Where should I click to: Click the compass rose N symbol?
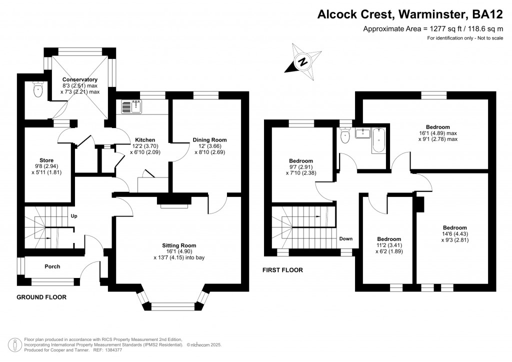(x=302, y=62)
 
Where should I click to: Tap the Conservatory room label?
(x=80, y=79)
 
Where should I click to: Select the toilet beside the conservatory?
(x=37, y=89)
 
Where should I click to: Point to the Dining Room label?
(x=210, y=140)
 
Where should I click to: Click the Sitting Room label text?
(x=179, y=245)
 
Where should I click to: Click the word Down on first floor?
(x=346, y=239)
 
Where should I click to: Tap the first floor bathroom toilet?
(x=344, y=134)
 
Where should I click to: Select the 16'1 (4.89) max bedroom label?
(x=437, y=127)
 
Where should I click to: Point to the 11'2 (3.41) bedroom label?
(x=389, y=239)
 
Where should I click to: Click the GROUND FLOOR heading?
(x=41, y=297)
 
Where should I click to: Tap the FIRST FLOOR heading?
(x=282, y=270)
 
